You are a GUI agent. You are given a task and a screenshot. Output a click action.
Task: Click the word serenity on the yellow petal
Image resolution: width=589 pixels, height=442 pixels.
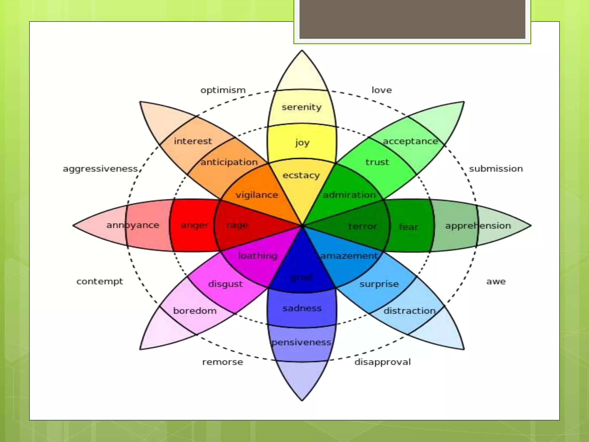click(x=301, y=107)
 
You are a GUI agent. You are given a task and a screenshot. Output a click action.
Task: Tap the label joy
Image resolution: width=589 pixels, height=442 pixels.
click(x=302, y=142)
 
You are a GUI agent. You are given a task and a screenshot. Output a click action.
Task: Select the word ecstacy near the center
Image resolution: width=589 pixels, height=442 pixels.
click(x=301, y=175)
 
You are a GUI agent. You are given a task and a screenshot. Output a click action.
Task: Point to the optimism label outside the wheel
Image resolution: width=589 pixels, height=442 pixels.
click(x=223, y=90)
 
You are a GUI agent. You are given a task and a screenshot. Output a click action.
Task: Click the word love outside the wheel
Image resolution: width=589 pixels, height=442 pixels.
click(x=382, y=90)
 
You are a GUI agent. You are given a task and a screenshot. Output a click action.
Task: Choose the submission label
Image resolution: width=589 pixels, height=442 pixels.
click(x=496, y=169)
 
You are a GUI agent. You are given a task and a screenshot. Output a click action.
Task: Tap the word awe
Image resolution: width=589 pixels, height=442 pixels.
click(x=496, y=281)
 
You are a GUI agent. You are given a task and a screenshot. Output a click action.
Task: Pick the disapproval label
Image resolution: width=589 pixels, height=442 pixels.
click(x=383, y=362)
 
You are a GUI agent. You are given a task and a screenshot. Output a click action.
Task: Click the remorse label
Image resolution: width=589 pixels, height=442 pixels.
click(x=223, y=362)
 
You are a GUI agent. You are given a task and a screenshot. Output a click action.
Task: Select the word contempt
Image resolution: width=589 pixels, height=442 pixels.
click(x=100, y=281)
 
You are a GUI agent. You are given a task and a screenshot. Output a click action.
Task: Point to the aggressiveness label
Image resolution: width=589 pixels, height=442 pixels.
click(x=100, y=169)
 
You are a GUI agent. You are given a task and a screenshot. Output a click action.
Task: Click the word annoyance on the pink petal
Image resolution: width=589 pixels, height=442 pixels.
click(x=133, y=225)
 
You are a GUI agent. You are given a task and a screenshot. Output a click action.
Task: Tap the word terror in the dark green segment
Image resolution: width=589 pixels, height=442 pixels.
click(x=362, y=226)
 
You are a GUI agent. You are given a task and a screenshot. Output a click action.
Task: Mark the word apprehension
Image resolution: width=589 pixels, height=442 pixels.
click(x=478, y=226)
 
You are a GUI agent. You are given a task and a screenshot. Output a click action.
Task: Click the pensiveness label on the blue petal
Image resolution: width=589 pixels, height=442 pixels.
click(x=301, y=342)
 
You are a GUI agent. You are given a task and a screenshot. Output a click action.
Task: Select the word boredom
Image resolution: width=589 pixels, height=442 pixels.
click(x=195, y=311)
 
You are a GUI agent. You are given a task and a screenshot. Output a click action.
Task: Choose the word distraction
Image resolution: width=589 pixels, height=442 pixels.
click(x=410, y=311)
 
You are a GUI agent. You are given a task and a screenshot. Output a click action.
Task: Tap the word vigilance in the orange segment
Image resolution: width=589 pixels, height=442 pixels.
click(x=257, y=195)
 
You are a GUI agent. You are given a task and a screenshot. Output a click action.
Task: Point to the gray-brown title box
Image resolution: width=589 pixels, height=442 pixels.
click(x=412, y=19)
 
